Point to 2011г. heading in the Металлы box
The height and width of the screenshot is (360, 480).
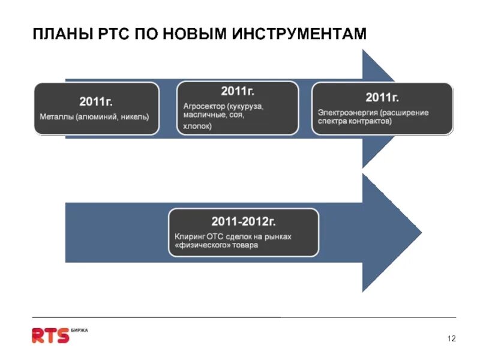(x=97, y=101)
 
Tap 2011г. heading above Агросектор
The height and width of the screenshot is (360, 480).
(x=238, y=91)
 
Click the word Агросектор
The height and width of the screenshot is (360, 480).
(x=203, y=106)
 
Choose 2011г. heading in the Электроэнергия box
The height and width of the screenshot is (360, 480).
(x=382, y=97)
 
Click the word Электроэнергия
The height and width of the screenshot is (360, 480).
(x=345, y=113)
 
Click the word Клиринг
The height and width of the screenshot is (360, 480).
(x=187, y=237)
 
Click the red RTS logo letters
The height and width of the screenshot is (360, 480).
(x=50, y=335)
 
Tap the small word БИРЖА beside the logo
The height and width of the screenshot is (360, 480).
(x=79, y=330)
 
